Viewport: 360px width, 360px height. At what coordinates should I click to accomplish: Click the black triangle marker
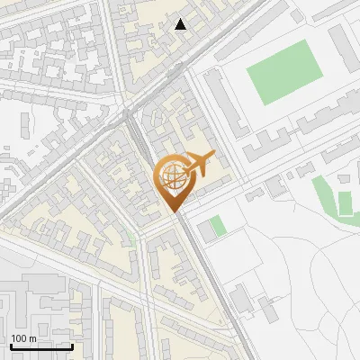pos(181,24)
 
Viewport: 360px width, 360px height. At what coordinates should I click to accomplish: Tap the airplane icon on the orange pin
pos(197,165)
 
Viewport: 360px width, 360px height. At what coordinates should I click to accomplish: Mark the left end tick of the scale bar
pos(10,345)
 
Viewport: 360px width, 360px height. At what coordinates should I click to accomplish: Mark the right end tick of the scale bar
pos(72,345)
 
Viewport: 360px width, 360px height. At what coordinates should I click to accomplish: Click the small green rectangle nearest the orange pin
pos(218,226)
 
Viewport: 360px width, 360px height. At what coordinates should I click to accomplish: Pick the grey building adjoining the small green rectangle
pos(205,230)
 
